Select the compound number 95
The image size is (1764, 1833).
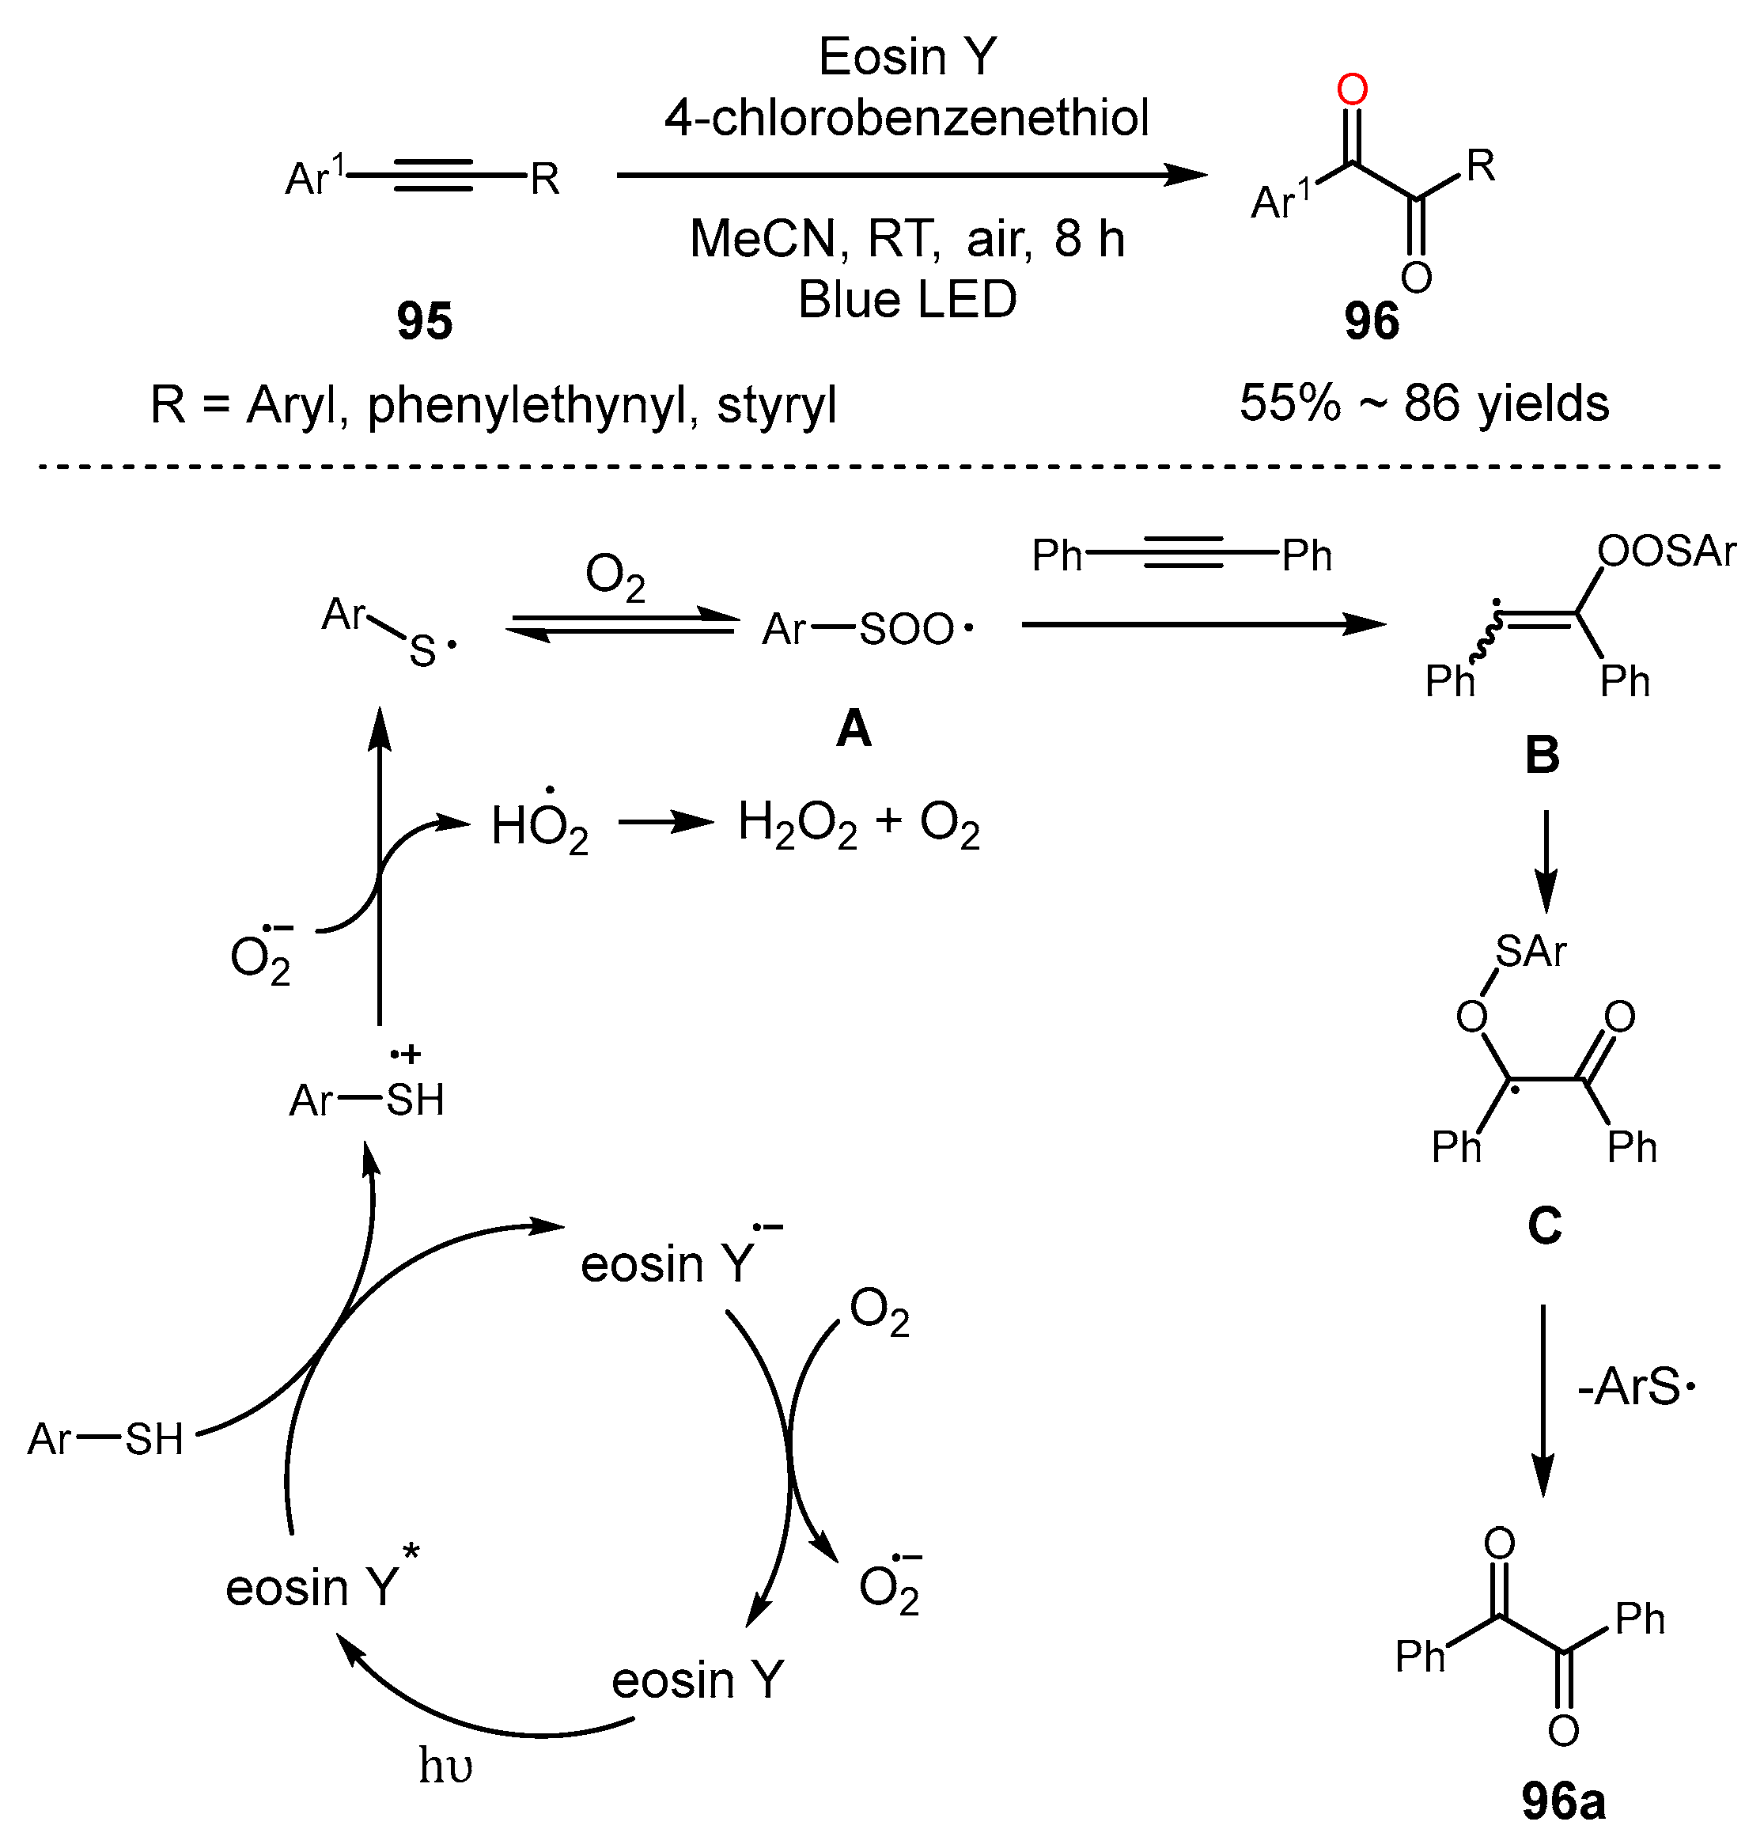424,320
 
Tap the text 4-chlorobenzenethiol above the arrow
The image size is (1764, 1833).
907,118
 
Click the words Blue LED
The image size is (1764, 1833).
907,300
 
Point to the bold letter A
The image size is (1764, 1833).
853,728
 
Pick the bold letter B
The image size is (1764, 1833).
1543,755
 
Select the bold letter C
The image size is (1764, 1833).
1544,1225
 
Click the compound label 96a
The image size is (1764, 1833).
1563,1801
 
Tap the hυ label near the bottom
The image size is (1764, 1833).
445,1766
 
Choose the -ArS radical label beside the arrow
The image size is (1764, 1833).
1635,1387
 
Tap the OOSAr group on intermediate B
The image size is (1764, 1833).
1666,551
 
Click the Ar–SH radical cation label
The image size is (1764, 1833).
366,1099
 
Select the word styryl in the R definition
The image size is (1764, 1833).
775,406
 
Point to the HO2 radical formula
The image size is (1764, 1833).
539,827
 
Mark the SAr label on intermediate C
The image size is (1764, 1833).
1529,951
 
